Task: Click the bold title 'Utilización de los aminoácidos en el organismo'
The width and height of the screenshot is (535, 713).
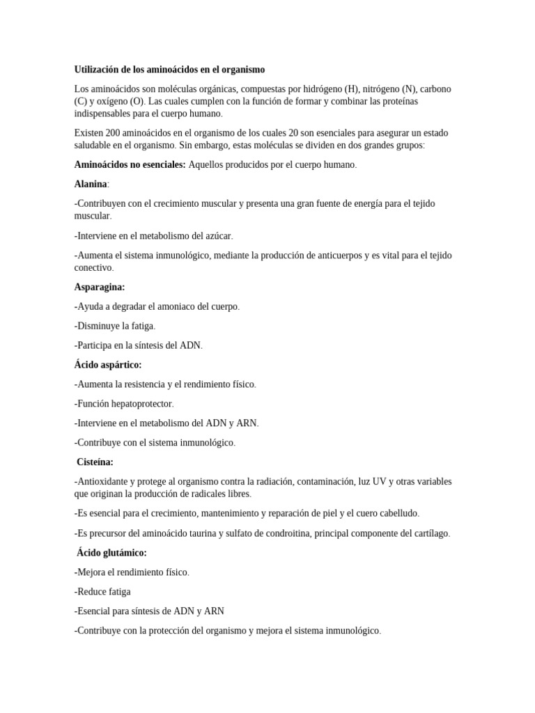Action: (169, 70)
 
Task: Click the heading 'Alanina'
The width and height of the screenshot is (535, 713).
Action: (91, 184)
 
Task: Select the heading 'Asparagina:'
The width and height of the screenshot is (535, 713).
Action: (100, 287)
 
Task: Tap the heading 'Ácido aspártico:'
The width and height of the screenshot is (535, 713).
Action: (108, 365)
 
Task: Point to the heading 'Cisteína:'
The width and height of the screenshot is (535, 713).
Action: (94, 462)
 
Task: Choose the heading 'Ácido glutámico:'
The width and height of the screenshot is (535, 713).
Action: (111, 553)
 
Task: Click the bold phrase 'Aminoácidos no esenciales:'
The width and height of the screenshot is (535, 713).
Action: (130, 164)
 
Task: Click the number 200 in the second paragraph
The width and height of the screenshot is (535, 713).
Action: (111, 132)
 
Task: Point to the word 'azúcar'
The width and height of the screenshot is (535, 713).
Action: (217, 236)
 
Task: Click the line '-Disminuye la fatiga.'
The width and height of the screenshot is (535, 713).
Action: (114, 326)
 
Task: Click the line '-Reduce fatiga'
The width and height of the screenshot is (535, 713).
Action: (102, 592)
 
